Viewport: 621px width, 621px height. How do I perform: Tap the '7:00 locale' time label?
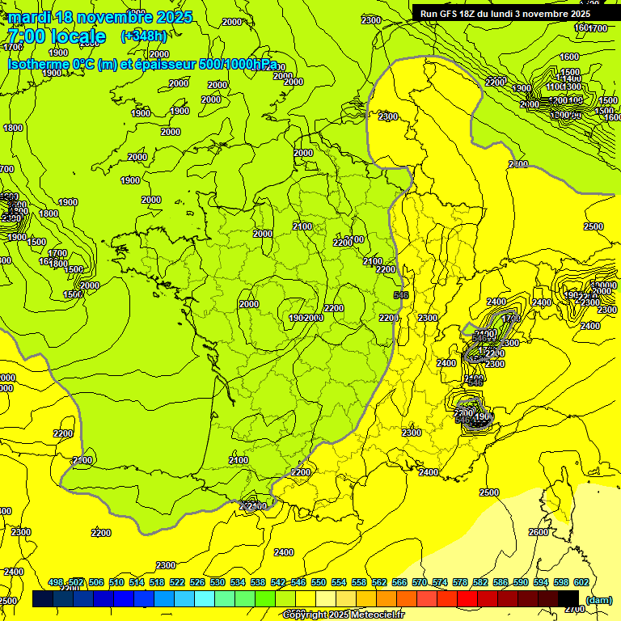(56, 36)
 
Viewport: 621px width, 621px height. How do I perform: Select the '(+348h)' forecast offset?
(143, 36)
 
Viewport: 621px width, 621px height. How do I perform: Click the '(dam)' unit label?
(598, 599)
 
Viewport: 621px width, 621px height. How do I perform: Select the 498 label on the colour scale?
(56, 582)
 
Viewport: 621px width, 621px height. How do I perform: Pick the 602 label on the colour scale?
(580, 582)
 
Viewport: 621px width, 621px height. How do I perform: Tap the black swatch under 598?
(559, 598)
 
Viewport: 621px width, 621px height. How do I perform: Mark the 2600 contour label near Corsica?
(538, 532)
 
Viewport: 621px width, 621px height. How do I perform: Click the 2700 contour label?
(574, 608)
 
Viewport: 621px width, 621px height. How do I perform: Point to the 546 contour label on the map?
(400, 295)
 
